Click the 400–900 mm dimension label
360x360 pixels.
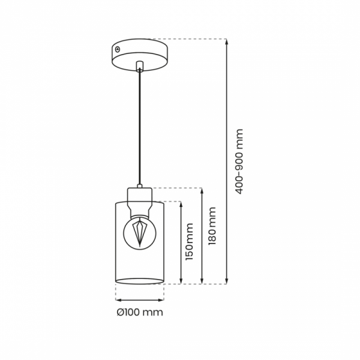click(x=239, y=161)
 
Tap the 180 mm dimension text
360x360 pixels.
click(x=212, y=226)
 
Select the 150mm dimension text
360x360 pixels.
click(x=190, y=242)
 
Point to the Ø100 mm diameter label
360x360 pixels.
click(x=140, y=312)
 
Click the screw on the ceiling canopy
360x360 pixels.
click(x=118, y=49)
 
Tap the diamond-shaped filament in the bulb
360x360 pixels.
click(x=140, y=233)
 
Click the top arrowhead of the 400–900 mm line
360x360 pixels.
click(x=226, y=41)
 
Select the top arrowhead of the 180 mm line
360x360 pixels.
click(x=202, y=191)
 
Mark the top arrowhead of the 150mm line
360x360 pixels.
click(x=181, y=205)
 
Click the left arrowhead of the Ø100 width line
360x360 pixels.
click(x=118, y=300)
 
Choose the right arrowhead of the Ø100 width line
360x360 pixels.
click(x=161, y=300)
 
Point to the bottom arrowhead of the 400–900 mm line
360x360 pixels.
click(x=226, y=281)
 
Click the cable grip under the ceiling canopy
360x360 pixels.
click(x=139, y=66)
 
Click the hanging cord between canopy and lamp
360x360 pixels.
click(x=139, y=127)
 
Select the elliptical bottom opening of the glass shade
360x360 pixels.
click(x=140, y=281)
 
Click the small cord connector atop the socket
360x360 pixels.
click(x=140, y=186)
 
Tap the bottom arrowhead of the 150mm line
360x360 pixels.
click(x=181, y=281)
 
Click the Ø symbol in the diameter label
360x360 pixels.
click(x=121, y=312)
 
